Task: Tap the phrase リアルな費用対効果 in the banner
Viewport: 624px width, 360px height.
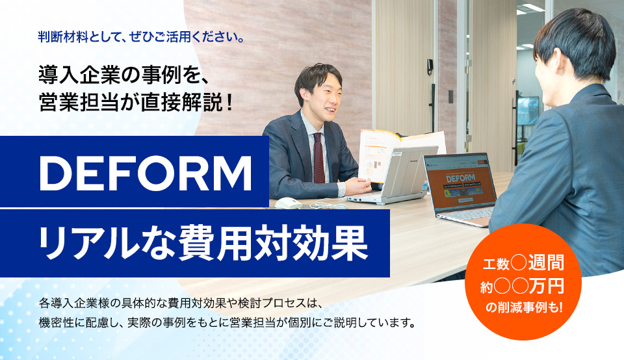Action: click(x=201, y=242)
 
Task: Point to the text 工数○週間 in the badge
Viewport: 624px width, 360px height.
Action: click(x=523, y=263)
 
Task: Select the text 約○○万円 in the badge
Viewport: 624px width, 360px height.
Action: click(x=523, y=285)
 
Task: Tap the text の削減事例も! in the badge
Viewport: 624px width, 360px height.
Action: click(x=523, y=306)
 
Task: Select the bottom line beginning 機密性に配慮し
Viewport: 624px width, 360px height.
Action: click(x=227, y=322)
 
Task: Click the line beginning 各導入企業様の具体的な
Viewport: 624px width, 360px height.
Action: click(x=181, y=303)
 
